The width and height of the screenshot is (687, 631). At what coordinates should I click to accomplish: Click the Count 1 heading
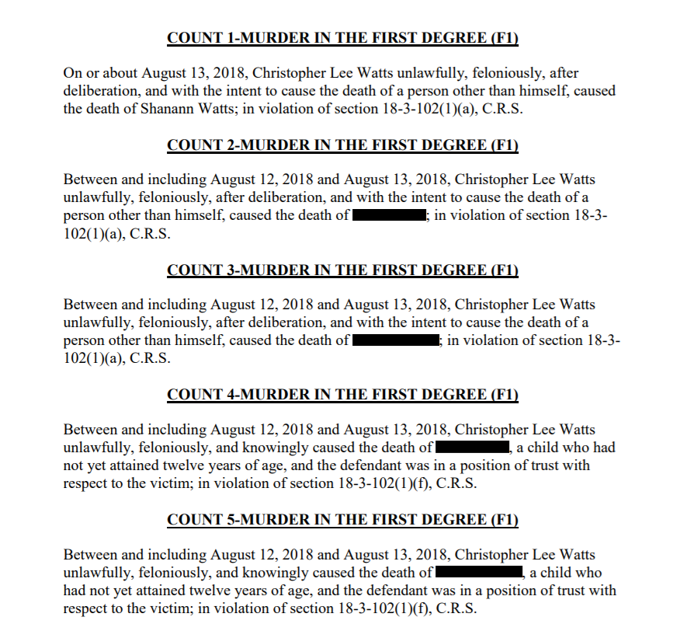(x=342, y=37)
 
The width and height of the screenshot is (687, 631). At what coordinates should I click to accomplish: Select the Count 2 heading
(x=342, y=145)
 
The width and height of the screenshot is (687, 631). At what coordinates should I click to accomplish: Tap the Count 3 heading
(x=342, y=270)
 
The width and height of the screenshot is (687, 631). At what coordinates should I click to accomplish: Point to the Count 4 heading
(x=342, y=394)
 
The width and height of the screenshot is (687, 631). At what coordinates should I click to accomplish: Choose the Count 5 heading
(x=342, y=519)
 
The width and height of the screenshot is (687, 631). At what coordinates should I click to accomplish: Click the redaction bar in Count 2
(x=389, y=215)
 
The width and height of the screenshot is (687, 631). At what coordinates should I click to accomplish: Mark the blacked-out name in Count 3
(x=396, y=340)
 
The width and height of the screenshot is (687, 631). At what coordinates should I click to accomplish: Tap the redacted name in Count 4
(x=472, y=448)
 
